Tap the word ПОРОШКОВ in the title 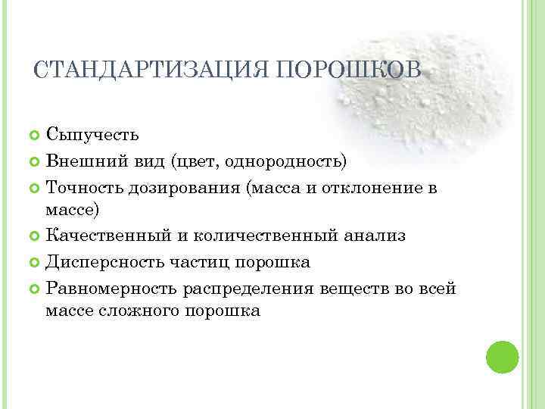(x=349, y=71)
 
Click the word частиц (x=215, y=262)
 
